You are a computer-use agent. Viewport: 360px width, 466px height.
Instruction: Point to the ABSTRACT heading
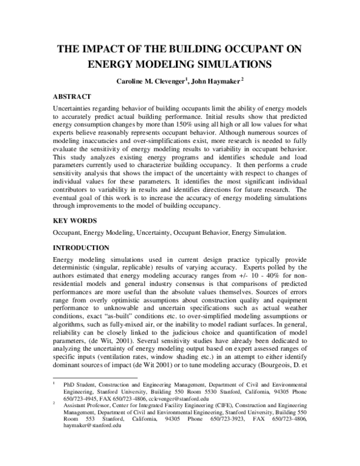[72, 96]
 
